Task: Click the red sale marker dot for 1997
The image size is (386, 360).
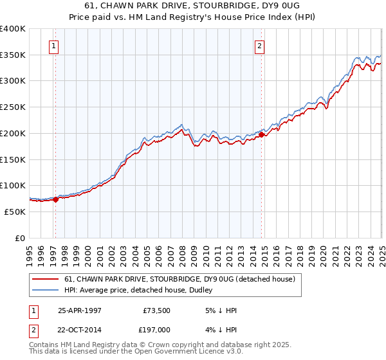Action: tap(55, 199)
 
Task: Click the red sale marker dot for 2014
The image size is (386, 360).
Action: tap(261, 134)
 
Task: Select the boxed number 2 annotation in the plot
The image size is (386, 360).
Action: tap(259, 46)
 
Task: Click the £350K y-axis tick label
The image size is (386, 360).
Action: tap(13, 55)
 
